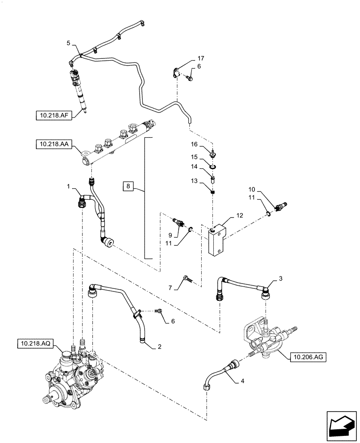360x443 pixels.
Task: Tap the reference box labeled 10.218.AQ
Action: click(x=35, y=343)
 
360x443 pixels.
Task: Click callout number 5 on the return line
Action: click(x=68, y=43)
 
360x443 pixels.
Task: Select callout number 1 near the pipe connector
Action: click(x=68, y=188)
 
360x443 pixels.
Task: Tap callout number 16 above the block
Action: click(x=194, y=144)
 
